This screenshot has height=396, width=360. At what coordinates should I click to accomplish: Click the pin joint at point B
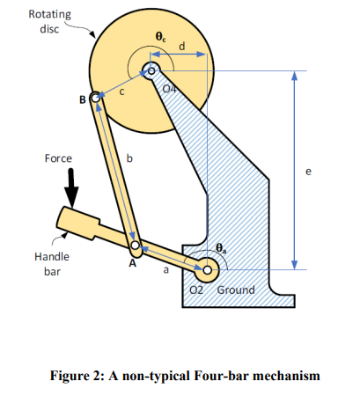95,98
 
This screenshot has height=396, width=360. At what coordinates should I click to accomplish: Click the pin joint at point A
136,245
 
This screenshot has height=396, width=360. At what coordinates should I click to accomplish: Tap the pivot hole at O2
207,270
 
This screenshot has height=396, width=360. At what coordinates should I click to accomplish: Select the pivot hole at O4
151,70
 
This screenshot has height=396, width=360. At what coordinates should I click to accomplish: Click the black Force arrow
71,187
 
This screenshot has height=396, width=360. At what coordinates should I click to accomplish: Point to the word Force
58,158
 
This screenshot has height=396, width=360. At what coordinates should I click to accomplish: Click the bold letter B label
83,99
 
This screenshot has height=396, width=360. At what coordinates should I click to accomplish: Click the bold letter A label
133,263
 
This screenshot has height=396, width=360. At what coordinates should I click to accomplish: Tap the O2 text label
196,290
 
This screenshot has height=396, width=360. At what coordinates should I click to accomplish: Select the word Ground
236,290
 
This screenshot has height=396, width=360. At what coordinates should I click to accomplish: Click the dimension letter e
308,172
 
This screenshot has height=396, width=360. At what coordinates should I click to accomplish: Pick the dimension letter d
182,46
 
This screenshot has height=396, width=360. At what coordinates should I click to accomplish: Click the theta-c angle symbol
160,37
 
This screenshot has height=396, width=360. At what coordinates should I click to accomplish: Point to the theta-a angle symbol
221,248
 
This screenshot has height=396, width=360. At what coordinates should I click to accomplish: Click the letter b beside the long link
129,158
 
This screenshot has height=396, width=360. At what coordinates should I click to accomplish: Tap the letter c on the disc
122,92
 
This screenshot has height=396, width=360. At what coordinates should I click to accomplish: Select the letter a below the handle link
166,269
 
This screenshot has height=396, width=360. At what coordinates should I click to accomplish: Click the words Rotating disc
50,21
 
